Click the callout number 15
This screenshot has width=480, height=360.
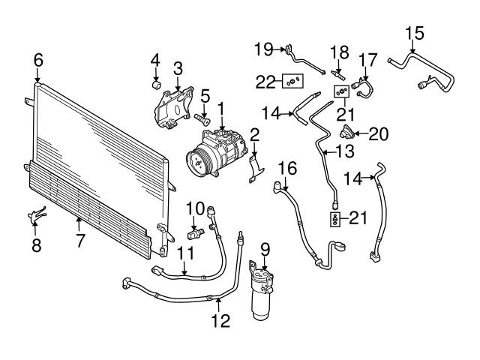414,33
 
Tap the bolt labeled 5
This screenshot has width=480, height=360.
202,118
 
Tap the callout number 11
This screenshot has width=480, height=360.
185,254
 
